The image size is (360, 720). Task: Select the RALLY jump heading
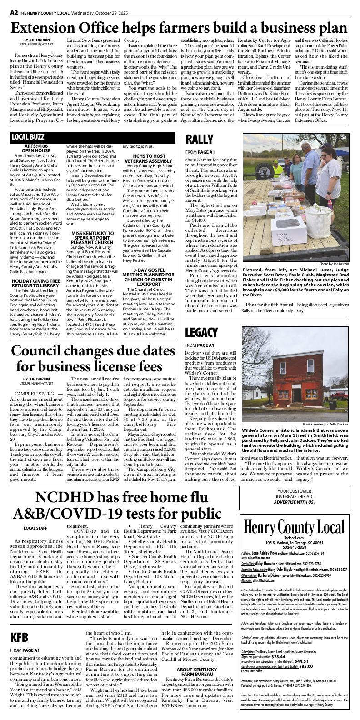[x=199, y=139]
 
